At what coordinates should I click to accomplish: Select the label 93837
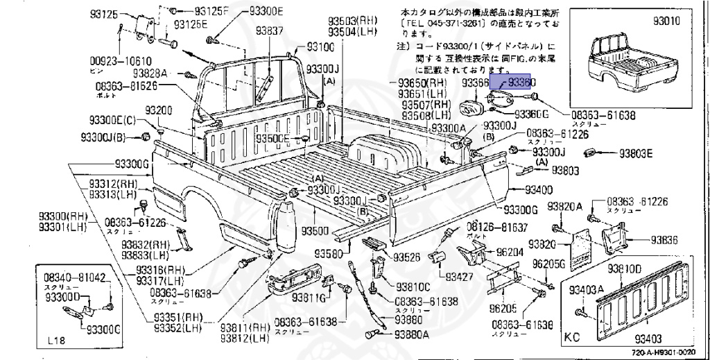pyautogui.click(x=269, y=31)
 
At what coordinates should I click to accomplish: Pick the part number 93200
pyautogui.click(x=159, y=111)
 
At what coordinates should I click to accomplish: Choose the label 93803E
pyautogui.click(x=636, y=153)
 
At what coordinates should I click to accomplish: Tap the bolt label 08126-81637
pyautogui.click(x=496, y=227)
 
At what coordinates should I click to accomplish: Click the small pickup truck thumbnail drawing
pyautogui.click(x=629, y=67)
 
